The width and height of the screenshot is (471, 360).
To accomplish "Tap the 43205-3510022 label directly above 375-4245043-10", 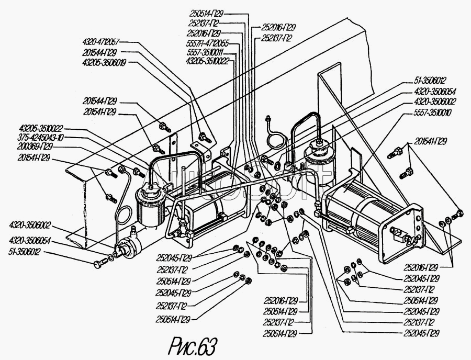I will [40, 128].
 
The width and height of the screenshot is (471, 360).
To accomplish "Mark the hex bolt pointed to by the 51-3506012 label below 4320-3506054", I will [99, 264].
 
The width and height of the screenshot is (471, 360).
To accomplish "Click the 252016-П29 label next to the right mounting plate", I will [422, 266].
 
